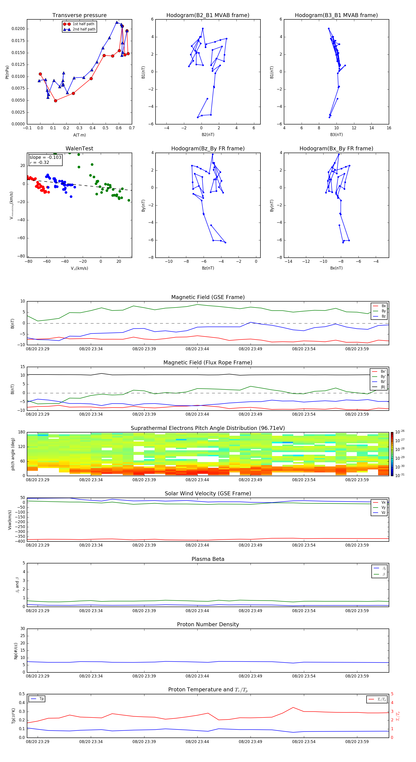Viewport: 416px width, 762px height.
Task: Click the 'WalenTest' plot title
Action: pyautogui.click(x=79, y=148)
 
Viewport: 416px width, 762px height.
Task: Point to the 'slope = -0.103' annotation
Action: pyautogui.click(x=45, y=157)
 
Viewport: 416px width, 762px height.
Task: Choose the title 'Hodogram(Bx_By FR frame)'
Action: pyautogui.click(x=336, y=148)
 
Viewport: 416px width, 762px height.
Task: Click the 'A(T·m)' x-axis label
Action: pyautogui.click(x=79, y=135)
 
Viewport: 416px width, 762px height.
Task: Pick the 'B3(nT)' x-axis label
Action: pyautogui.click(x=336, y=135)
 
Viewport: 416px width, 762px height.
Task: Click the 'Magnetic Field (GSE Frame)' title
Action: pyautogui.click(x=208, y=297)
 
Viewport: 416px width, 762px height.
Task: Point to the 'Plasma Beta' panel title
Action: pyautogui.click(x=208, y=559)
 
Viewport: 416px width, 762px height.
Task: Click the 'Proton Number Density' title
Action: pyautogui.click(x=208, y=624)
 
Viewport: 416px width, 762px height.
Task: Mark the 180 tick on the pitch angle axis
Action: pyautogui.click(x=22, y=432)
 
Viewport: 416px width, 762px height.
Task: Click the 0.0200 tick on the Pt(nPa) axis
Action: pyautogui.click(x=18, y=29)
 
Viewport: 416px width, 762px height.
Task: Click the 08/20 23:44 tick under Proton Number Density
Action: pyautogui.click(x=197, y=676)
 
